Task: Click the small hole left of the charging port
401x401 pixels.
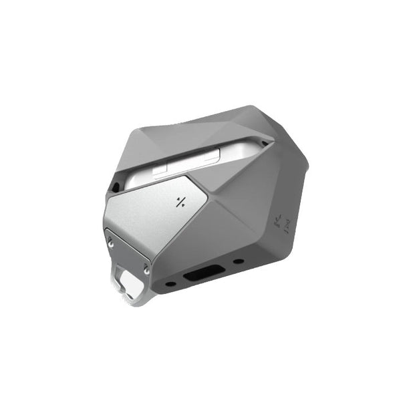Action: point(171,283)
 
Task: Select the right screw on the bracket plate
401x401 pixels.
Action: point(146,269)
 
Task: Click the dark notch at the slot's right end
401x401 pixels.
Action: point(265,142)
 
